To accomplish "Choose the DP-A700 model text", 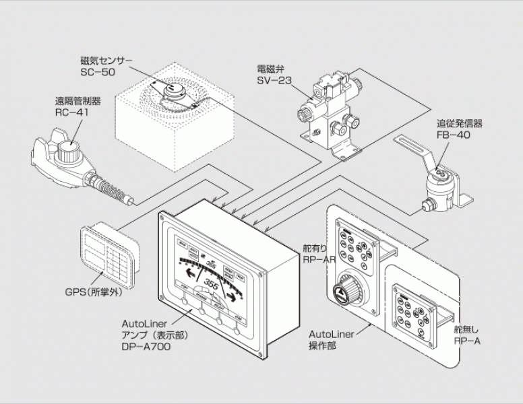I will [146, 347].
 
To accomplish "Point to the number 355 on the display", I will [215, 282].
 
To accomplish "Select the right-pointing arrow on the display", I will [233, 295].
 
